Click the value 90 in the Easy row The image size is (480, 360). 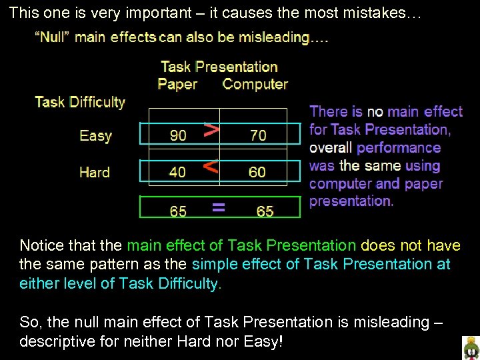[x=178, y=135]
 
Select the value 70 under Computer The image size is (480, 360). [x=258, y=135]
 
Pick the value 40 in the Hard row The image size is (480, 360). [x=177, y=172]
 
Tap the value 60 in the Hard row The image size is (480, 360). [x=257, y=172]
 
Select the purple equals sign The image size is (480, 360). [x=217, y=208]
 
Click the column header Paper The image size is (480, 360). [x=177, y=85]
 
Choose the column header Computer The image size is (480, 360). [x=255, y=85]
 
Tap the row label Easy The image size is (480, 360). [x=95, y=136]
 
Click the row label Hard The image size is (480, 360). [x=94, y=172]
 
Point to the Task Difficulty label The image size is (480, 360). [x=80, y=102]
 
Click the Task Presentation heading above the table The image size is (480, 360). [x=219, y=67]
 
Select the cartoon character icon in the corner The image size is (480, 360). [x=471, y=348]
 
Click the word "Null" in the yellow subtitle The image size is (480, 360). [x=53, y=37]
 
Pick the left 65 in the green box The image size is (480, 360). [x=178, y=211]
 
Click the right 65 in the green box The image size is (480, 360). [x=265, y=211]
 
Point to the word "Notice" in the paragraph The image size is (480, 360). [x=41, y=246]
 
